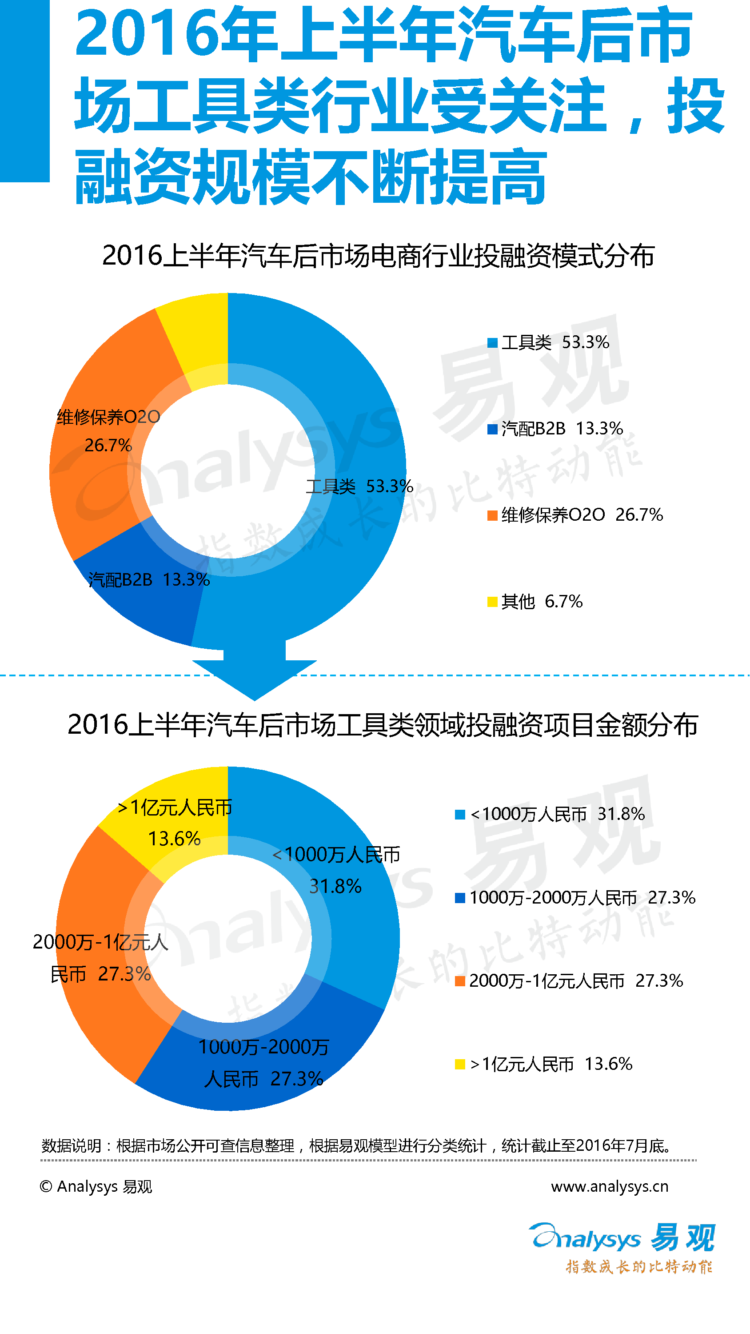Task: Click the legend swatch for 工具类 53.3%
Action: pos(492,343)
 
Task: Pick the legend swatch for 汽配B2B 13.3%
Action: pos(492,429)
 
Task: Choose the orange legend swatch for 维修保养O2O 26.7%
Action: pos(492,516)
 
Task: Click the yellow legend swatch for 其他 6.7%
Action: pos(492,602)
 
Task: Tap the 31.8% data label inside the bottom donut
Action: pos(335,887)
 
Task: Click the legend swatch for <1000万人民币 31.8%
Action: pos(459,815)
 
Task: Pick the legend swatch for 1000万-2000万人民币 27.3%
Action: pos(459,898)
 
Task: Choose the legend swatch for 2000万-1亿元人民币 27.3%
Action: pos(459,981)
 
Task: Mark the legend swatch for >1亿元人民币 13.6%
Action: pos(459,1065)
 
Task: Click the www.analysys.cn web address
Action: pos(609,1186)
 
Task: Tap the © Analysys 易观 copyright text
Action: pos(96,1186)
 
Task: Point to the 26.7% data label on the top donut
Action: pos(108,446)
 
